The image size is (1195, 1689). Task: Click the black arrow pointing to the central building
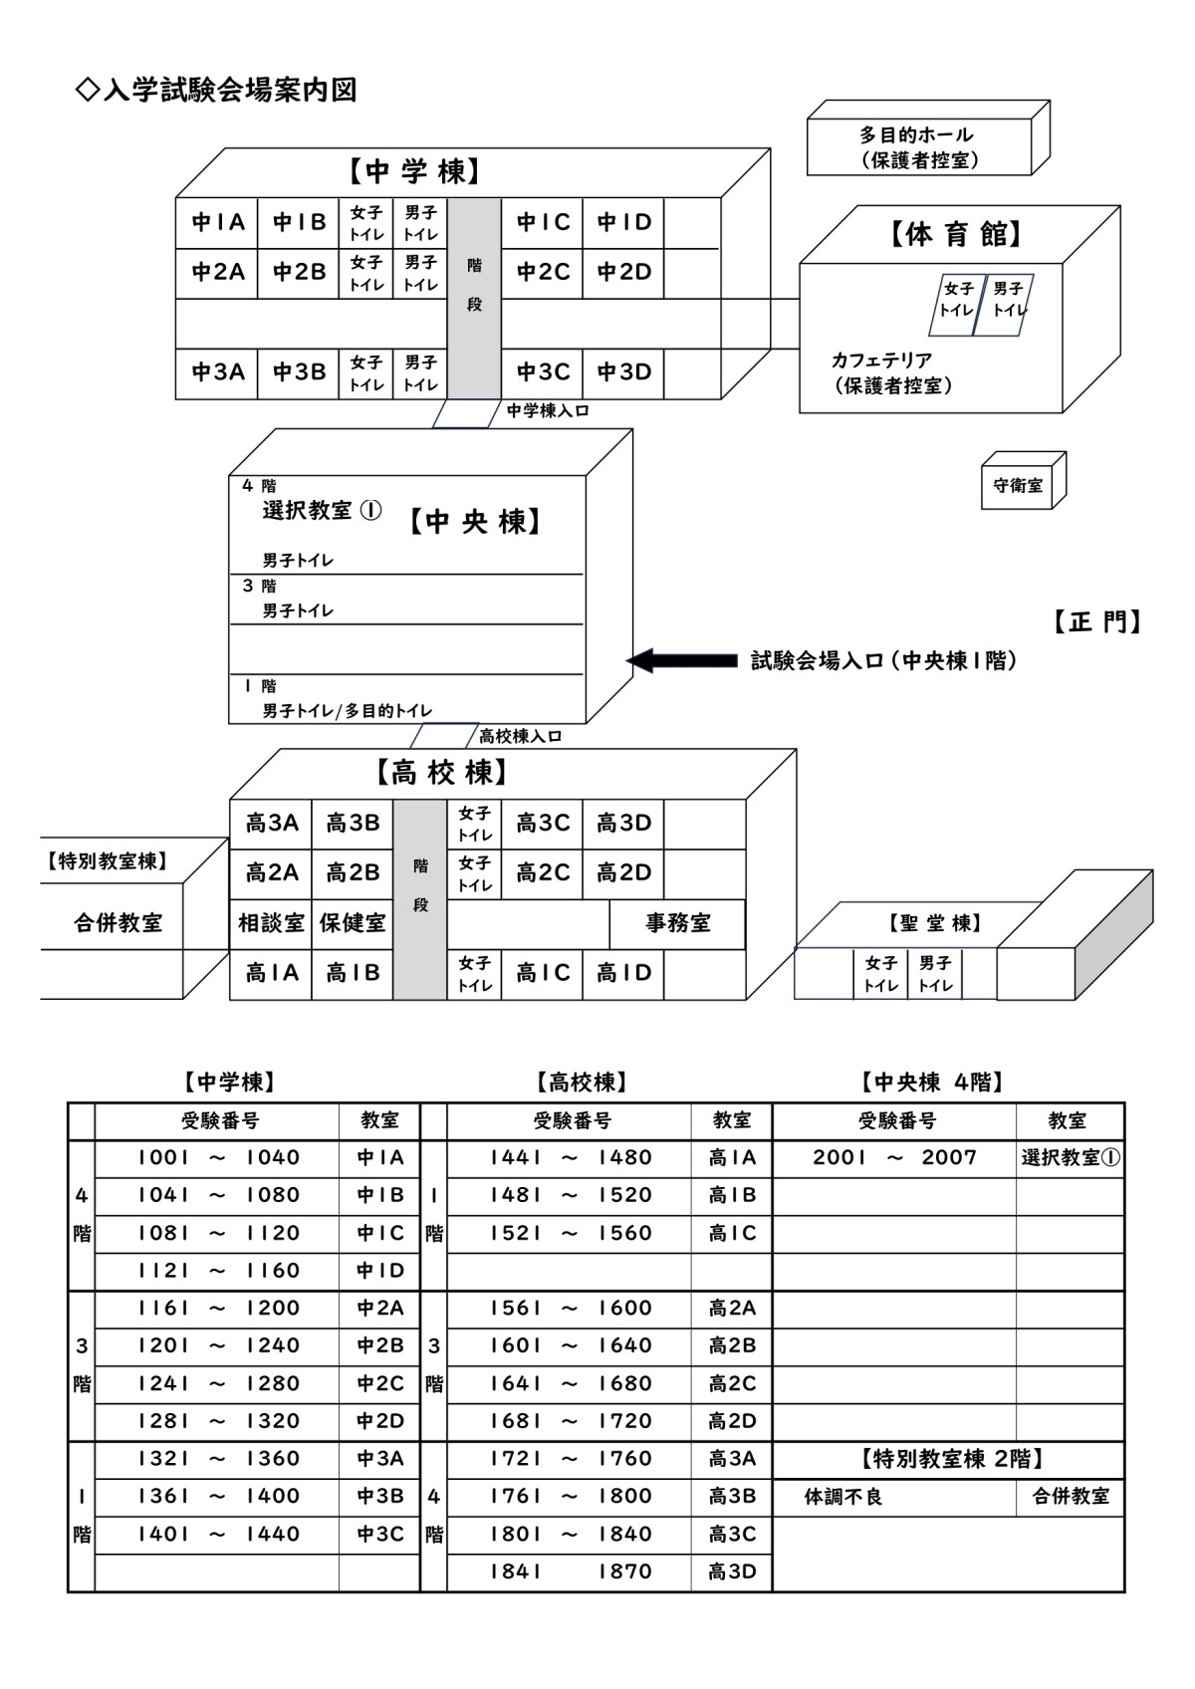pyautogui.click(x=681, y=660)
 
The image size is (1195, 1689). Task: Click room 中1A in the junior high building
pyautogui.click(x=217, y=222)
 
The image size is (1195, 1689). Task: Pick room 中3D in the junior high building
pyautogui.click(x=623, y=371)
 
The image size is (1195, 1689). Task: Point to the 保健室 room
pyautogui.click(x=353, y=923)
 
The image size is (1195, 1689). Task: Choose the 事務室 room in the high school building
pyautogui.click(x=677, y=923)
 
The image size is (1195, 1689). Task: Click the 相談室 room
pyautogui.click(x=271, y=923)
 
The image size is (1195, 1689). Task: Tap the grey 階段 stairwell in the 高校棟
pyautogui.click(x=420, y=899)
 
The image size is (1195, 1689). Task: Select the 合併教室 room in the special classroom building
pyautogui.click(x=118, y=922)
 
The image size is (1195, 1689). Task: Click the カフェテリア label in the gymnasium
pyautogui.click(x=881, y=360)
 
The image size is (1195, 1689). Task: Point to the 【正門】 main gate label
pyautogui.click(x=1096, y=622)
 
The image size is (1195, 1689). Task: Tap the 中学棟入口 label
pyautogui.click(x=548, y=411)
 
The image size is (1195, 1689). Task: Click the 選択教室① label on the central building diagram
pyautogui.click(x=322, y=511)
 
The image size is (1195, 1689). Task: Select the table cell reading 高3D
pyautogui.click(x=731, y=1571)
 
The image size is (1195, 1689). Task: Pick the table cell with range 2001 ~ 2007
pyautogui.click(x=894, y=1157)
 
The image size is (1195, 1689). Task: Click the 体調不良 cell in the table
pyautogui.click(x=842, y=1496)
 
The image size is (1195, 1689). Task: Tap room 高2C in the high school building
pyautogui.click(x=542, y=873)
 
